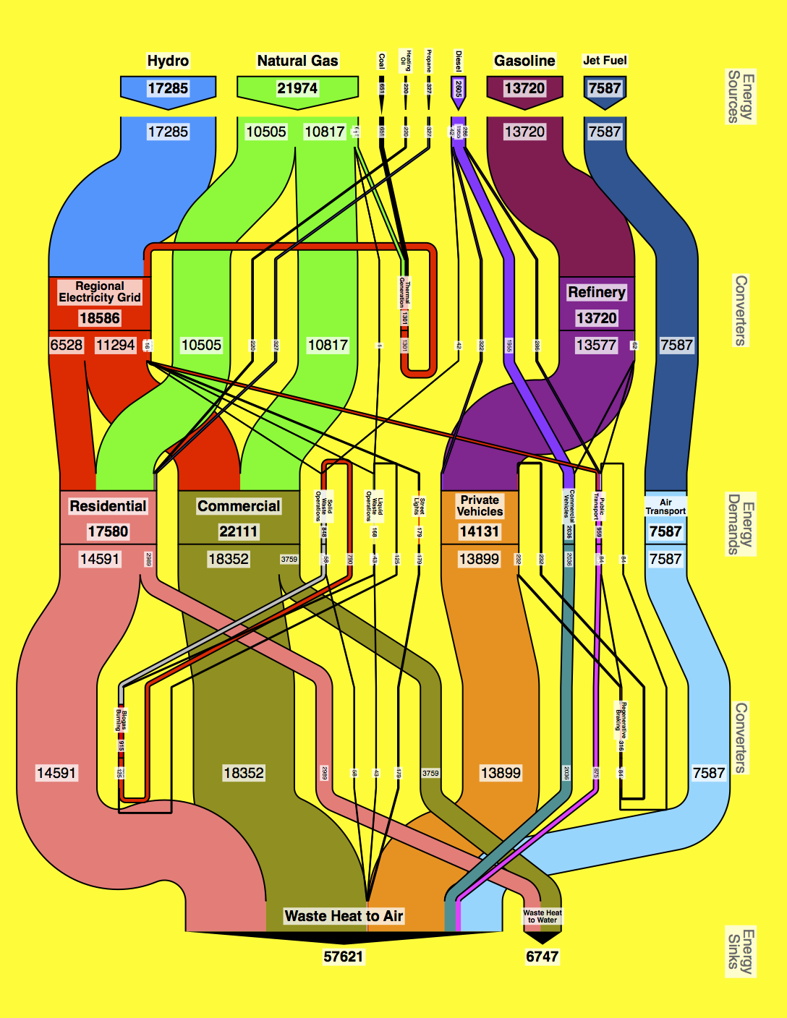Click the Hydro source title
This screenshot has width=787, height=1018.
(x=168, y=61)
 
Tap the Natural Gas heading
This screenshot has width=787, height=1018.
(x=297, y=61)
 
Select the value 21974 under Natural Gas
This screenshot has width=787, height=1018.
(x=297, y=88)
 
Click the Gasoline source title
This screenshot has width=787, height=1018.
(x=524, y=61)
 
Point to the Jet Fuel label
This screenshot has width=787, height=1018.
(x=605, y=61)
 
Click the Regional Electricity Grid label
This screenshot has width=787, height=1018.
(x=100, y=291)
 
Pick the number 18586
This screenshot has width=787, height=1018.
(x=100, y=318)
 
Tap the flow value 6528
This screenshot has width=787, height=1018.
(x=66, y=345)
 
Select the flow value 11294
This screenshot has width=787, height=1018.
(x=116, y=345)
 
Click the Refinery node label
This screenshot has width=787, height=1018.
(x=596, y=292)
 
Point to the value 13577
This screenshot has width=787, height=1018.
(x=596, y=345)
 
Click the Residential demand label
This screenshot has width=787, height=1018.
(x=108, y=506)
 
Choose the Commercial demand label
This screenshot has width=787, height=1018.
(x=239, y=506)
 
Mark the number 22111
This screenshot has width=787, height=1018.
(x=239, y=531)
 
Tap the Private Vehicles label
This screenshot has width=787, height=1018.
(x=480, y=505)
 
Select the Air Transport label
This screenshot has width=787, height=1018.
(x=665, y=506)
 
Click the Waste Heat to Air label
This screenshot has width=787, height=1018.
(x=344, y=916)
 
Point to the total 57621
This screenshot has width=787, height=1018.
(x=344, y=957)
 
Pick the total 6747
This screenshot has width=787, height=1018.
(x=542, y=957)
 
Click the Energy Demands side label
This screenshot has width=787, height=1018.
(x=741, y=524)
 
